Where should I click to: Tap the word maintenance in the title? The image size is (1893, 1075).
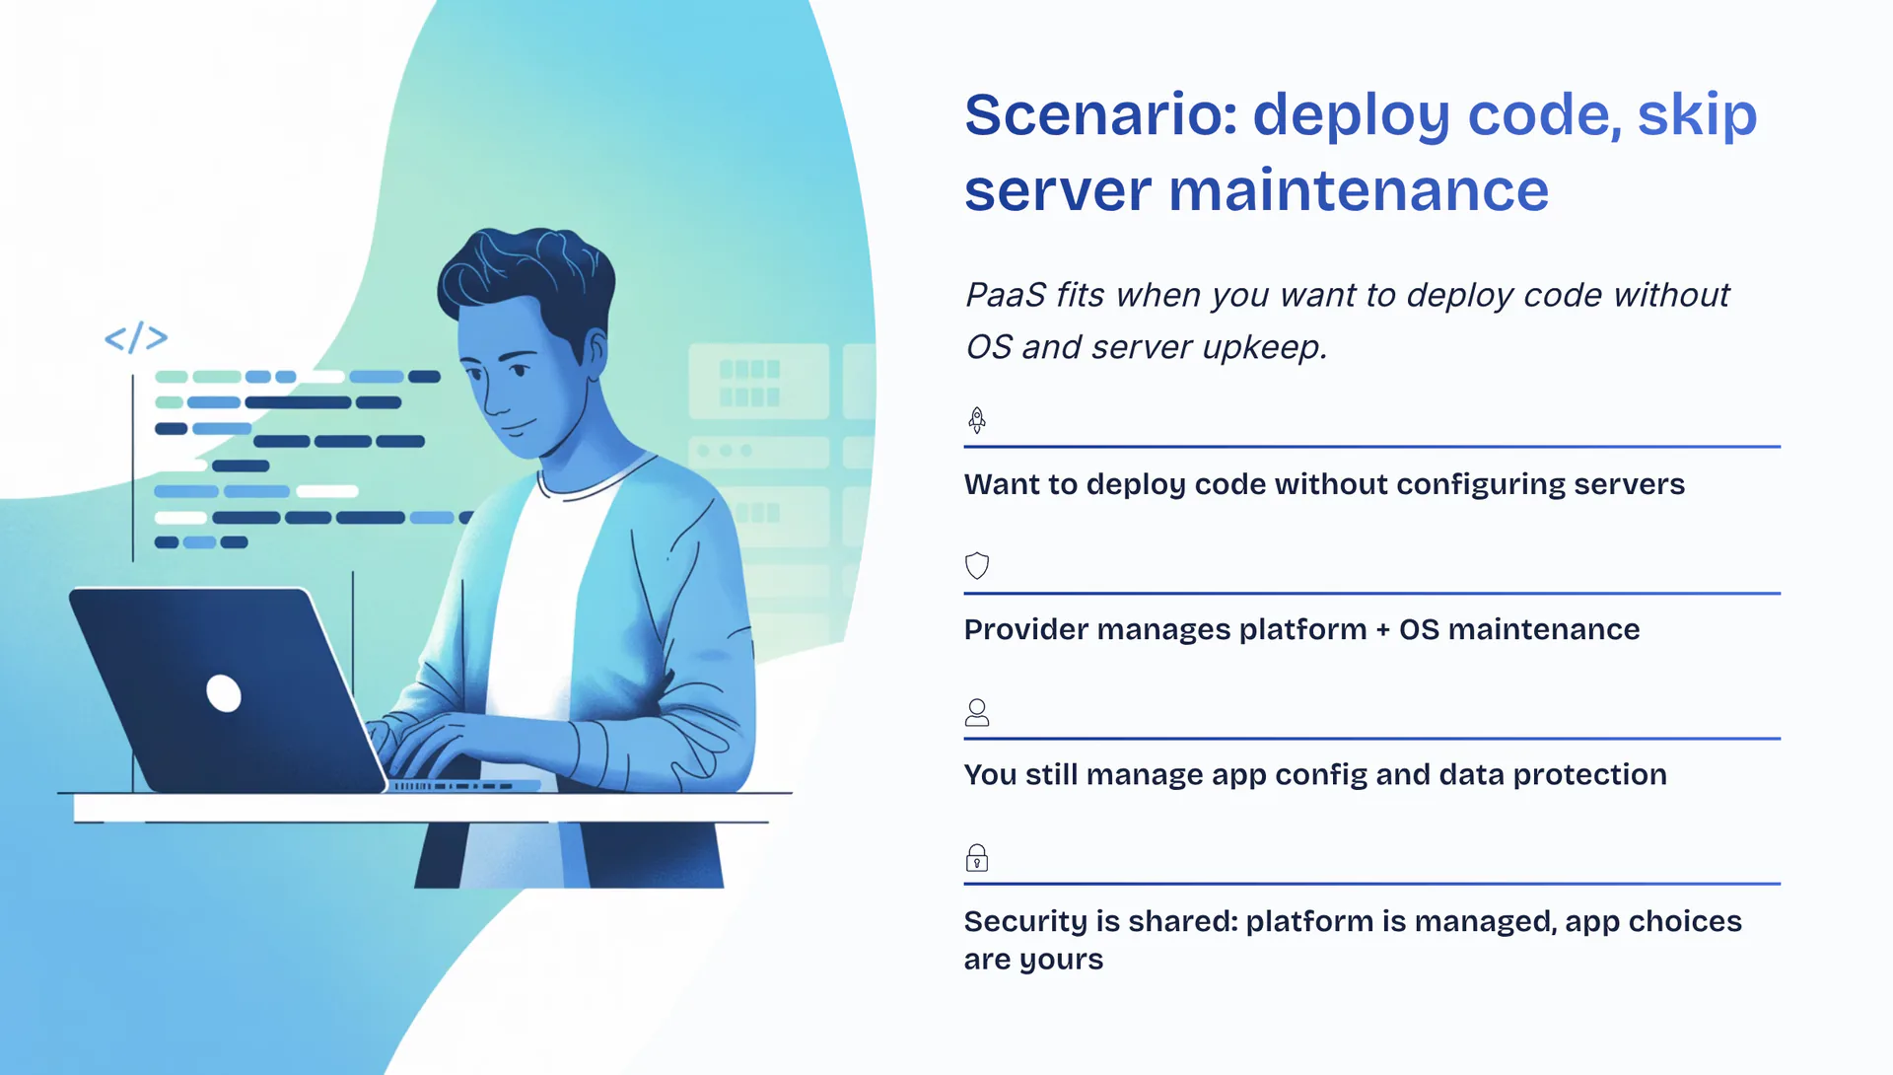point(1359,190)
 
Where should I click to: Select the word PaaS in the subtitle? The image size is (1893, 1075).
point(1005,295)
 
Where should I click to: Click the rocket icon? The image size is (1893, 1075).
point(977,420)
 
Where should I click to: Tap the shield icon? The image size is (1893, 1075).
point(977,565)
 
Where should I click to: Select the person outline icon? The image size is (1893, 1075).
point(977,712)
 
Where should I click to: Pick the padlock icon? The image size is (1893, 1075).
point(977,857)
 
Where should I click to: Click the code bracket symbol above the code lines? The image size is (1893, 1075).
point(136,337)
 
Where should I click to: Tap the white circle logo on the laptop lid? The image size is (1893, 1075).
point(224,692)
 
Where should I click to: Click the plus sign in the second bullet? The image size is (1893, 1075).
point(1382,630)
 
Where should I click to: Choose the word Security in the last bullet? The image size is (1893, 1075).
point(1026,922)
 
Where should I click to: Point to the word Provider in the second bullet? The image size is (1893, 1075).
point(1025,629)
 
